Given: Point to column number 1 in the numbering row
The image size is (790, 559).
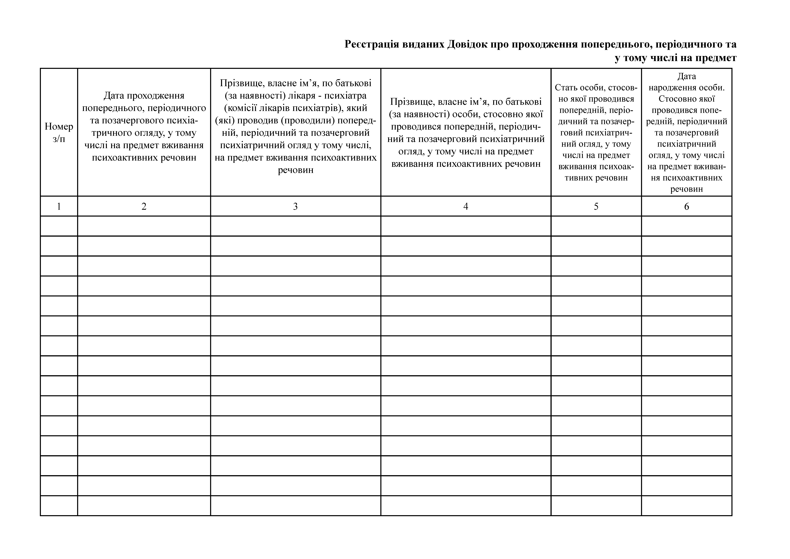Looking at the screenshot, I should (x=59, y=206).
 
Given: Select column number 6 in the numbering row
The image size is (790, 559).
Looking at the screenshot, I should (x=686, y=206).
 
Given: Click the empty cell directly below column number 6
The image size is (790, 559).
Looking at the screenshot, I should (x=686, y=226).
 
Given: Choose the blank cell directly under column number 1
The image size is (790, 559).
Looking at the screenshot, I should (x=59, y=226).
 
